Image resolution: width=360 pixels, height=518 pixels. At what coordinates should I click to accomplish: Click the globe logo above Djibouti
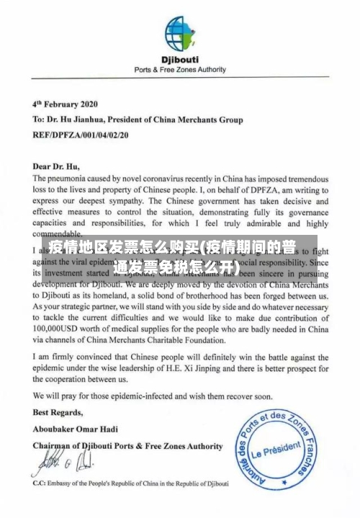180,32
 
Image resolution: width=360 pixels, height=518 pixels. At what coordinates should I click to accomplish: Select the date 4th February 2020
66,102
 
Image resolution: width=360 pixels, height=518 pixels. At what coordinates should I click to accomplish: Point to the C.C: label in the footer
40,483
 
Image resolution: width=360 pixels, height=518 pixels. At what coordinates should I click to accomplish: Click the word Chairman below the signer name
57,446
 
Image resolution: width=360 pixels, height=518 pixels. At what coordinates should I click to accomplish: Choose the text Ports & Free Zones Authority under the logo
180,71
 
